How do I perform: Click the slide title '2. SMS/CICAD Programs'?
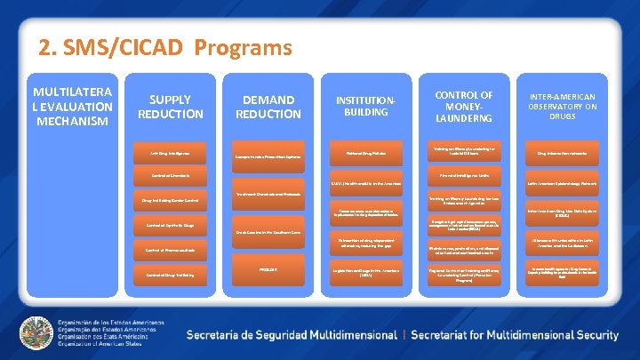pos(164,46)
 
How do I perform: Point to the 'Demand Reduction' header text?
pos(268,107)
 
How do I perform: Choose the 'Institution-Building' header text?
pos(366,105)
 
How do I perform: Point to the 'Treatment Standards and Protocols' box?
pos(268,195)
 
